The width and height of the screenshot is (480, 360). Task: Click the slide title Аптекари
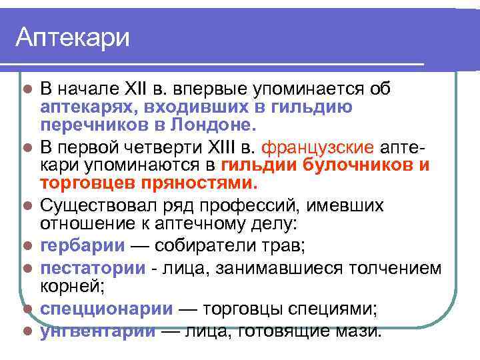pos(73,37)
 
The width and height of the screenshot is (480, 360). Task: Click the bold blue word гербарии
pos(83,245)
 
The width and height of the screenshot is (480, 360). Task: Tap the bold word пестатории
pos(93,268)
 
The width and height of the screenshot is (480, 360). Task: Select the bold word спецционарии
pos(107,309)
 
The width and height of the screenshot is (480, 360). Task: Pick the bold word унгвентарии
pos(98,331)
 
